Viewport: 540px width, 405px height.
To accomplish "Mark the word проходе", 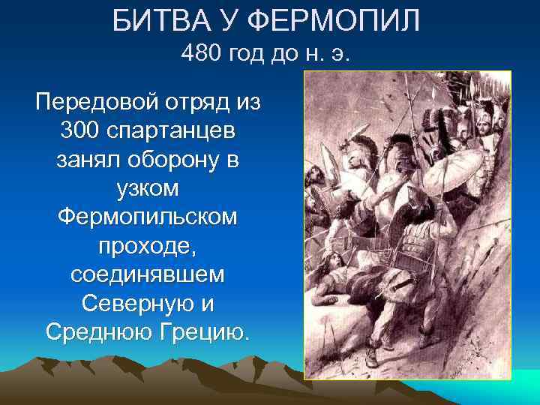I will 147,245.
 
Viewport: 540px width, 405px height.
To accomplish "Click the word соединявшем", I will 147,274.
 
